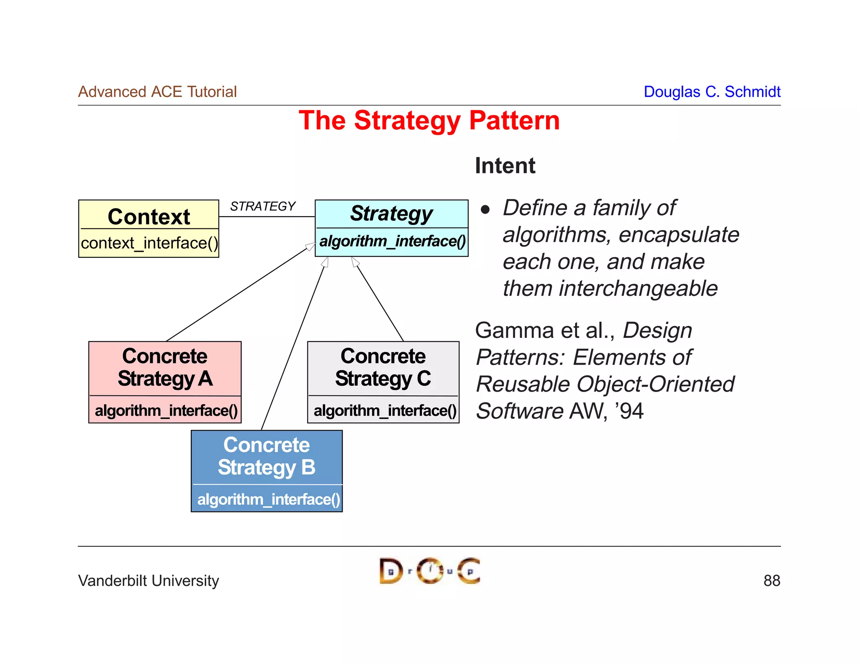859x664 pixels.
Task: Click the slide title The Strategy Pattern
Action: point(429,120)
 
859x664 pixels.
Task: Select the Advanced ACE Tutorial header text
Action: point(157,92)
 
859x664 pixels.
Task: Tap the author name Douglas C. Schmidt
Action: point(712,92)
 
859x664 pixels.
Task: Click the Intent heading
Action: point(505,165)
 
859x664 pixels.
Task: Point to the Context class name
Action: point(149,217)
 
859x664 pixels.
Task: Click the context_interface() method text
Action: point(149,243)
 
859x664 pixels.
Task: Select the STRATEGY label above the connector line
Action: point(263,206)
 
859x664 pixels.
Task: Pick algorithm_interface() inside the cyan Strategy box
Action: point(392,241)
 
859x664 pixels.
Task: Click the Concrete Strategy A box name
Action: point(165,367)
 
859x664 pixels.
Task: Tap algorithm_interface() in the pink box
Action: point(166,410)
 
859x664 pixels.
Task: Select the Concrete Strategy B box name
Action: point(266,456)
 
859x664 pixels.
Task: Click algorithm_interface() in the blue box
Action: point(268,499)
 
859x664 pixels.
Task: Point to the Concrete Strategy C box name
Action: point(383,367)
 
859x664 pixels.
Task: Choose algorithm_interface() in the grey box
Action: point(385,410)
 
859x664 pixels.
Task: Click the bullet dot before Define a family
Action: point(485,209)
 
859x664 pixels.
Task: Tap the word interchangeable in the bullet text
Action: point(638,288)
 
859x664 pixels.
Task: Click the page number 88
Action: point(771,580)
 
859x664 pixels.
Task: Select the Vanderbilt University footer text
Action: point(148,580)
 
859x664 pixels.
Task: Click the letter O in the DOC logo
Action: point(429,571)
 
